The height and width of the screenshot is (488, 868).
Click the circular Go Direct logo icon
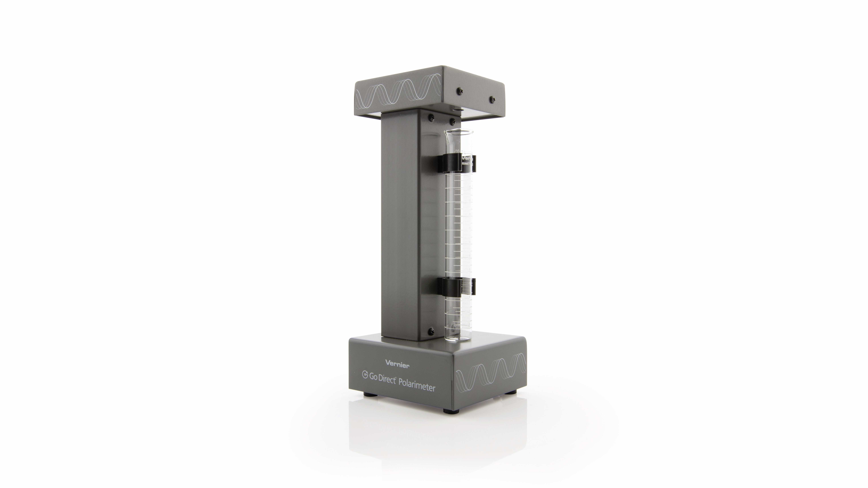pos(365,374)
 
